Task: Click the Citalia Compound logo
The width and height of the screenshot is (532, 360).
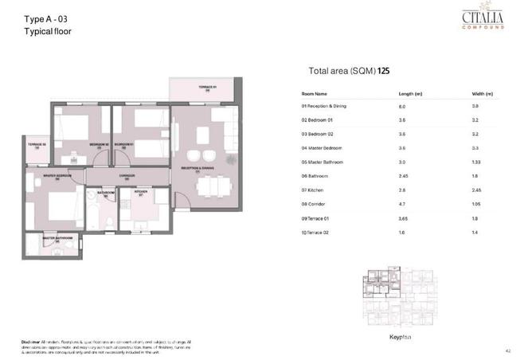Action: [x=483, y=19]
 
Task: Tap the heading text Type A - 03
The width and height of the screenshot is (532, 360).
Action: [x=45, y=18]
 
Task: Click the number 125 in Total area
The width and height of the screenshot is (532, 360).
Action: [x=384, y=70]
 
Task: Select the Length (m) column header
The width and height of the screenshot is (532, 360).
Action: [x=410, y=93]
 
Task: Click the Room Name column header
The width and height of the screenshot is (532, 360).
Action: [x=314, y=93]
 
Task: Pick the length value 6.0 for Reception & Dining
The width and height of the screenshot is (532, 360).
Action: [x=402, y=106]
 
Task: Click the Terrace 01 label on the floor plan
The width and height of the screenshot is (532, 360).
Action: [x=207, y=86]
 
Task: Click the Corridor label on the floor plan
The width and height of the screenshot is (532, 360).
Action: [x=127, y=174]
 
